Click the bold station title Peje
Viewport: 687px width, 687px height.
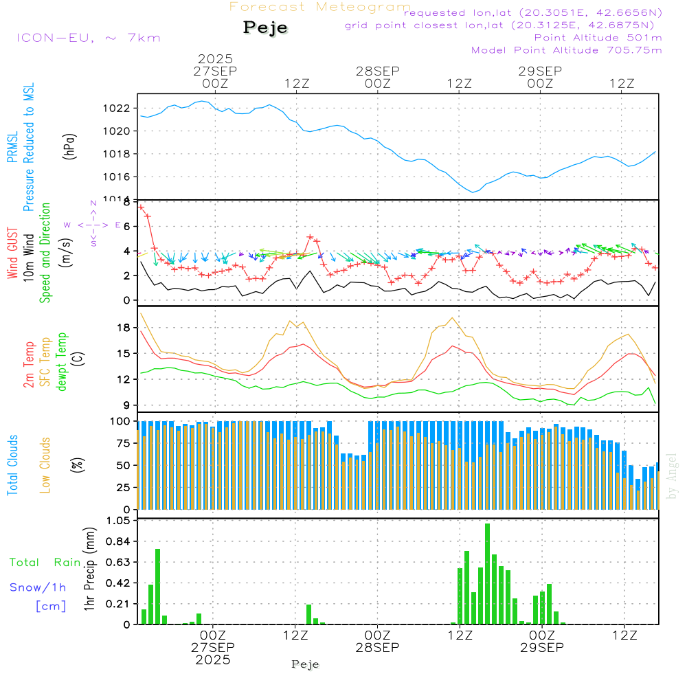(x=265, y=27)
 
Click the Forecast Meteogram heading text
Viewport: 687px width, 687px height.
(x=320, y=8)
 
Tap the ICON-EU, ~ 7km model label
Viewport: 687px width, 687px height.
(x=88, y=37)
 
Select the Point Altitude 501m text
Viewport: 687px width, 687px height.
(x=598, y=38)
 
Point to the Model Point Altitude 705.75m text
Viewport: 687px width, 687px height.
(x=567, y=50)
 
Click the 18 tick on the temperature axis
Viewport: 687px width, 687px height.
(x=124, y=328)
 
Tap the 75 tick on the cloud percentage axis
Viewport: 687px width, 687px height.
(x=121, y=443)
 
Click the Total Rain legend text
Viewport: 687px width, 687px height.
(x=45, y=563)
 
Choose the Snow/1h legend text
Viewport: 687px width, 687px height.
(x=38, y=587)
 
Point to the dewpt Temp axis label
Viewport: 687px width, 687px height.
(x=63, y=362)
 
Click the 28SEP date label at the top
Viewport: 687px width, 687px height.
(x=377, y=71)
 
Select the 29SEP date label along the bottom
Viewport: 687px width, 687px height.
(x=541, y=648)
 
